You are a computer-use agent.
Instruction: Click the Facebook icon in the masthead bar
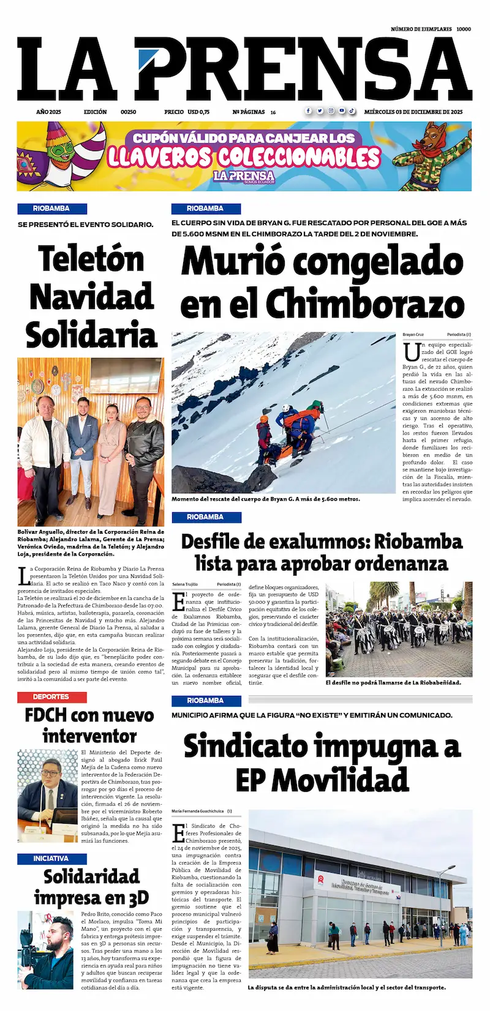[308, 111]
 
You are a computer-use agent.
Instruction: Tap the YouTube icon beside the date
[342, 111]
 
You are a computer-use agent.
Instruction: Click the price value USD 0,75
[198, 112]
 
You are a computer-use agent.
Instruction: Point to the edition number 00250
[128, 112]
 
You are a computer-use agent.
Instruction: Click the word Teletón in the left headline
[91, 259]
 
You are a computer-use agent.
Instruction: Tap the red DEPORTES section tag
[51, 696]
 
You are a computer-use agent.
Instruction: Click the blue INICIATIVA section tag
[51, 859]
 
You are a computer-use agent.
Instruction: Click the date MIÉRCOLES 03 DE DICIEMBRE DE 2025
[413, 112]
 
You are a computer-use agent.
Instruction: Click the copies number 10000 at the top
[464, 29]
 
